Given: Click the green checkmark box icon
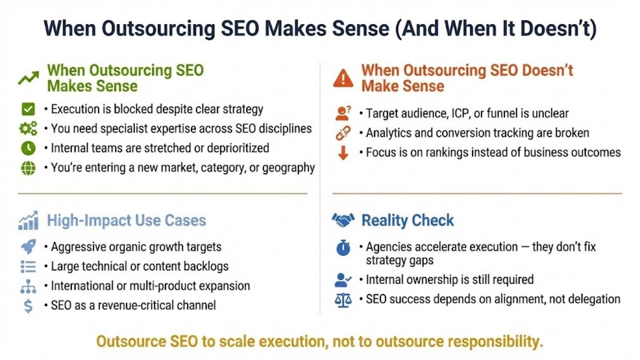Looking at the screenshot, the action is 28,109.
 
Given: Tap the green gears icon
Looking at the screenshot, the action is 28,128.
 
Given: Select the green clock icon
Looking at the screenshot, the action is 28,148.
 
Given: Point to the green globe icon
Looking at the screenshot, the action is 28,168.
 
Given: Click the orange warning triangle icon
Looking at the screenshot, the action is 343,78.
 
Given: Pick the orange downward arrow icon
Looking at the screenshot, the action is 343,152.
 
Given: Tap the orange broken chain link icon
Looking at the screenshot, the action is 343,133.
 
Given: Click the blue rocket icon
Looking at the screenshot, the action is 28,246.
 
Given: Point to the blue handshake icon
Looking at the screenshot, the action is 343,220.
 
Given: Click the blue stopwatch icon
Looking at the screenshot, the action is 343,248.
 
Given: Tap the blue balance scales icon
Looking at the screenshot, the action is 343,300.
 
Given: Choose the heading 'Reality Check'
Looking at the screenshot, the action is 408,220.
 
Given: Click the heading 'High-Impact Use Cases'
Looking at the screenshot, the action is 126,220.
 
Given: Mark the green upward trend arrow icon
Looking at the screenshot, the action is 28,78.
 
